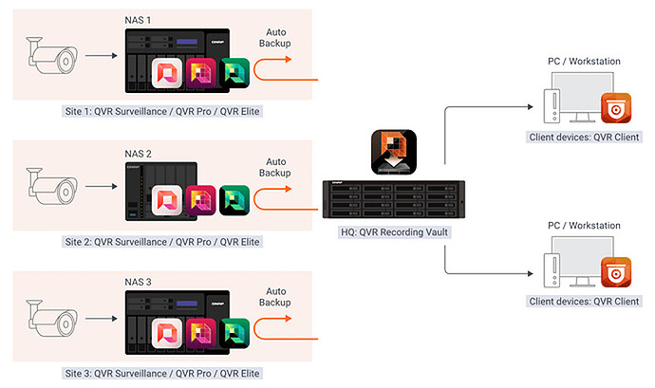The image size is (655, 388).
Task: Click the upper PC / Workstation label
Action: pyautogui.click(x=584, y=62)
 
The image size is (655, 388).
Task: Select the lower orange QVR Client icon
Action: pyautogui.click(x=615, y=272)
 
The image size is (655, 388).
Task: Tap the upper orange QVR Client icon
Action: pyautogui.click(x=615, y=108)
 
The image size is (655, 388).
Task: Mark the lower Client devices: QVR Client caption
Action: pyautogui.click(x=584, y=302)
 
